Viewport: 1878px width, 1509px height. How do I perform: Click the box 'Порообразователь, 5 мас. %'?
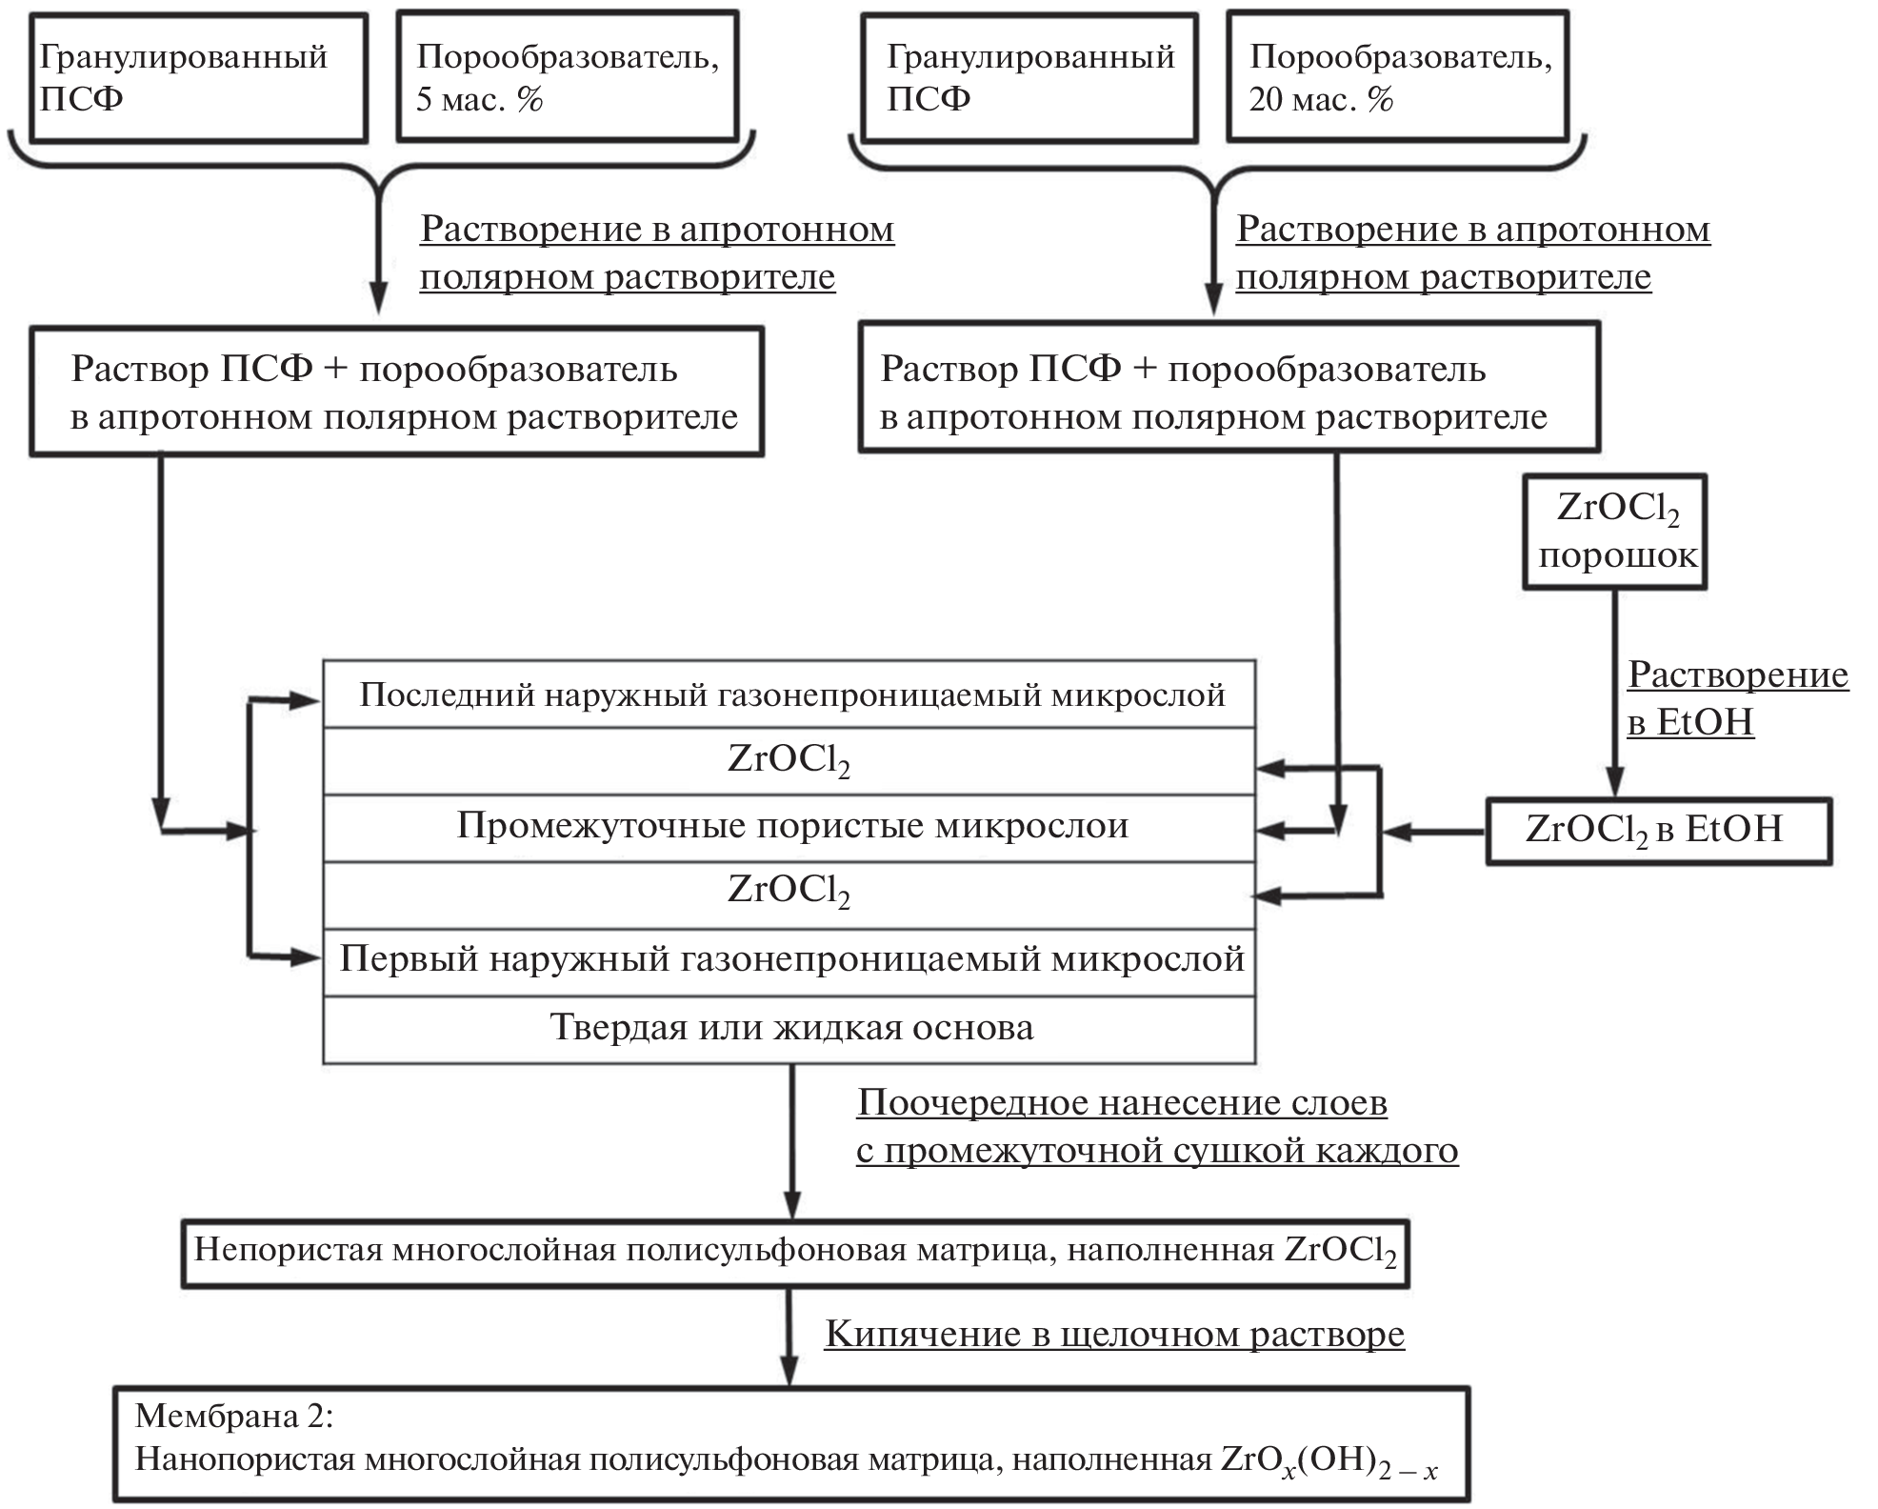568,77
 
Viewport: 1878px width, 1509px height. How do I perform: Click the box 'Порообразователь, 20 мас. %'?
1397,77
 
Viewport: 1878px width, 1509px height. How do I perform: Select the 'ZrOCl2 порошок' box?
1615,532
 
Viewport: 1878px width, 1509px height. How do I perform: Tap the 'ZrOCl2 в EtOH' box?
1658,831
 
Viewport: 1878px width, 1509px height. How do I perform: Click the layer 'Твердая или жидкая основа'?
789,1029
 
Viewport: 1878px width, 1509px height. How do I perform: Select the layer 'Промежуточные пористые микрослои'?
789,827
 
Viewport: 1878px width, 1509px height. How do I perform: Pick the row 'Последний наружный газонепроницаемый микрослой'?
789,695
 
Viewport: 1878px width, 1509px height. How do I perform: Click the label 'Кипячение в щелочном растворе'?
1114,1334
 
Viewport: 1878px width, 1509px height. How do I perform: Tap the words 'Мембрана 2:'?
234,1416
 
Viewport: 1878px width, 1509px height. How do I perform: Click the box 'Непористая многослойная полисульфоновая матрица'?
795,1251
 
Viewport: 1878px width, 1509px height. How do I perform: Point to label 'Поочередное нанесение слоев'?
1122,1103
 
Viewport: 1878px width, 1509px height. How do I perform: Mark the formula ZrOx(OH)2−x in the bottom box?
1329,1461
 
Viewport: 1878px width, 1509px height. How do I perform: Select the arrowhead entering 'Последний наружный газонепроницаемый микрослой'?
307,701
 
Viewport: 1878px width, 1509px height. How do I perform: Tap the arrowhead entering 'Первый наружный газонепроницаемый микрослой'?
307,957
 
